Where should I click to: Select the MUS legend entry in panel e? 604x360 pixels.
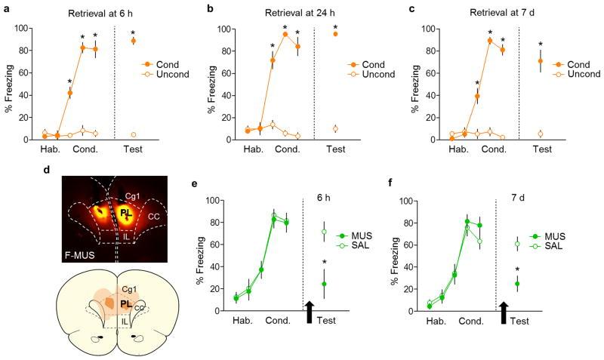371,236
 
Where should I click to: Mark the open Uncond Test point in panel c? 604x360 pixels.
540,134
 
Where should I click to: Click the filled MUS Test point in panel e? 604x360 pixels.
325,285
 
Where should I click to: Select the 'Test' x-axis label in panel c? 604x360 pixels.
541,150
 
